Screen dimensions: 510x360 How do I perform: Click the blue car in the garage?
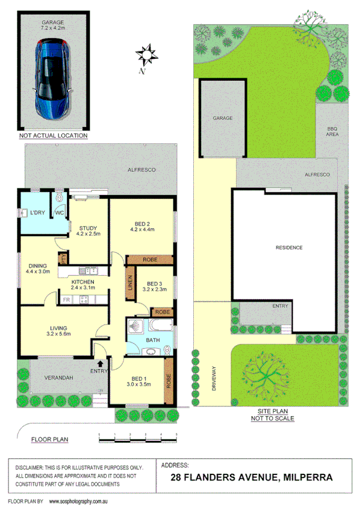(x=52, y=78)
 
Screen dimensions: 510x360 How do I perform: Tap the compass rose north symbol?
(x=144, y=56)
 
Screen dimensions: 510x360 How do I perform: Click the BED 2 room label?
(x=142, y=225)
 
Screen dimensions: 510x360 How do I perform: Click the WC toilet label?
(x=60, y=213)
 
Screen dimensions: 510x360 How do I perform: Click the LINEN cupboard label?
(x=129, y=285)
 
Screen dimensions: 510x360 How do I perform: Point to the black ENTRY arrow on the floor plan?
(x=101, y=362)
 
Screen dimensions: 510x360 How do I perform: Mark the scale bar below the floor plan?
(x=138, y=434)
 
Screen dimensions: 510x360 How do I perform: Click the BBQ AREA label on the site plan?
(x=332, y=131)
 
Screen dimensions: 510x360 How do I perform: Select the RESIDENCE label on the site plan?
(x=289, y=247)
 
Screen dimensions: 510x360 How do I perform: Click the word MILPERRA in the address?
(x=308, y=478)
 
